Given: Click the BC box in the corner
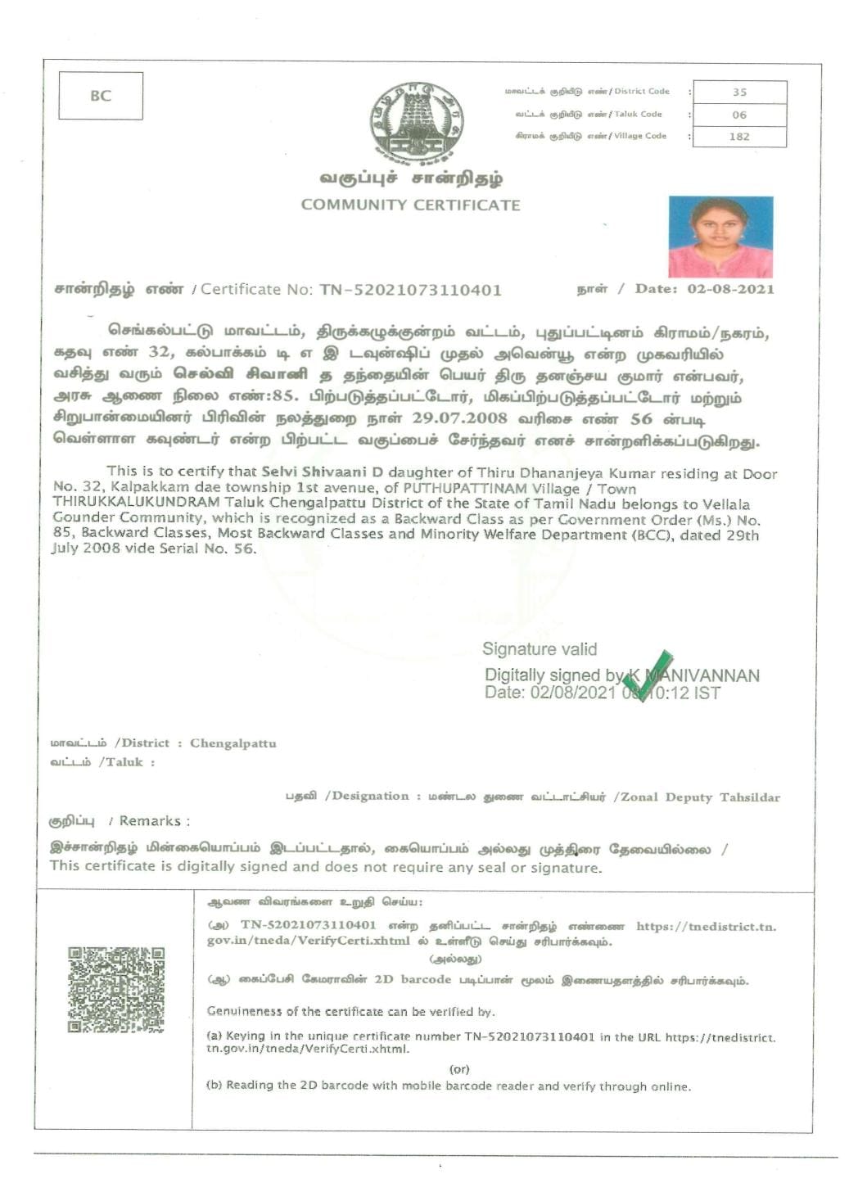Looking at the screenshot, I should (101, 96).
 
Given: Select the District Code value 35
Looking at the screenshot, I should (739, 93).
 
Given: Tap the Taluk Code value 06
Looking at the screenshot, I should (739, 115).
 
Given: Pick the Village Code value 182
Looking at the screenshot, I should (739, 137).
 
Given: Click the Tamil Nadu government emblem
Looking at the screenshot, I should (416, 122).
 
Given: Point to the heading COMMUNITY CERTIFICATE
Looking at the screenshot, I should (410, 205).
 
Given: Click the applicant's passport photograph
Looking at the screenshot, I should (720, 237).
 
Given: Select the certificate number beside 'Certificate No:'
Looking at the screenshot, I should (410, 290).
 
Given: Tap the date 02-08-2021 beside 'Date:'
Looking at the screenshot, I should (730, 289).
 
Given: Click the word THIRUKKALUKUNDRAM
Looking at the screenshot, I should (137, 502).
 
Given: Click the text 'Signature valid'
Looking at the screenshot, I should (540, 649).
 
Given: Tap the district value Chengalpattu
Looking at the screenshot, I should (233, 743).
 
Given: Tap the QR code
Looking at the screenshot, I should (116, 989).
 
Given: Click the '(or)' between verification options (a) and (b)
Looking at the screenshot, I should (459, 1069).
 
